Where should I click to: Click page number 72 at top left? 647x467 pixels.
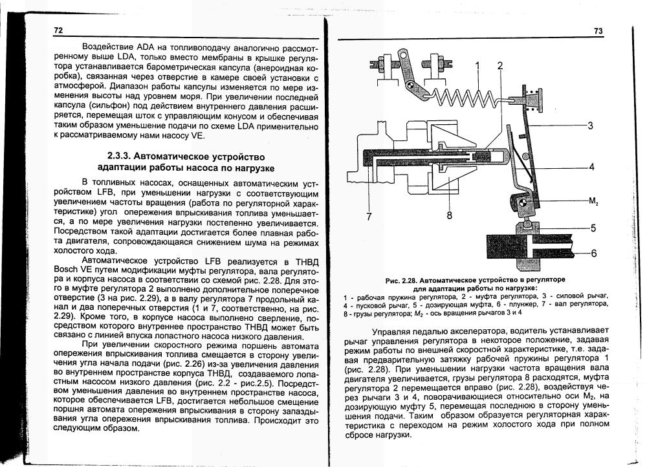click(58, 31)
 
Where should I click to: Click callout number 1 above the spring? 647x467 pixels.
click(477, 65)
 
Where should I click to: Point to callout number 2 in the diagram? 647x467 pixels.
click(499, 65)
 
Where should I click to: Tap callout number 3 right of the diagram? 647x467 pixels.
click(590, 125)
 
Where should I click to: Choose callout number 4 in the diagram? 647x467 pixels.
click(590, 166)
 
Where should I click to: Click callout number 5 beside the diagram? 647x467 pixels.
click(590, 228)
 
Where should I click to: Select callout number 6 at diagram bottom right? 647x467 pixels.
click(590, 252)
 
